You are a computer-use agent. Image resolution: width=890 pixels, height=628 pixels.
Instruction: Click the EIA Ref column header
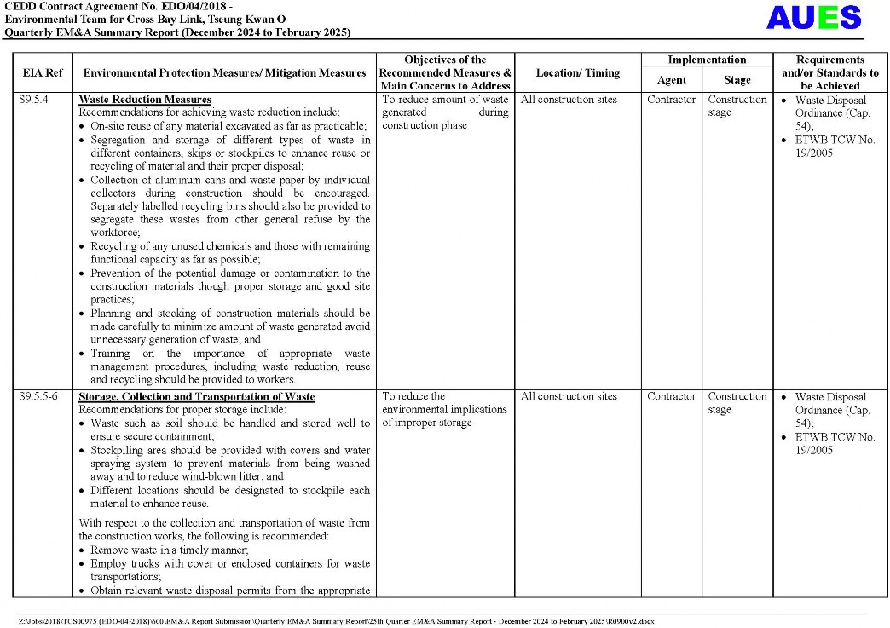pyautogui.click(x=42, y=73)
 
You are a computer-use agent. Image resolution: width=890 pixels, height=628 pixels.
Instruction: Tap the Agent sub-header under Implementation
pyautogui.click(x=671, y=80)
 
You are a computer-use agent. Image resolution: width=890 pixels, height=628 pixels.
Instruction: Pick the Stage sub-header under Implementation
pyautogui.click(x=737, y=80)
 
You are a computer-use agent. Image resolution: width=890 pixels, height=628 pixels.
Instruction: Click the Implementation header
pyautogui.click(x=707, y=60)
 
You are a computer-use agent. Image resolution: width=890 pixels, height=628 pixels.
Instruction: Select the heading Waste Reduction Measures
pyautogui.click(x=145, y=100)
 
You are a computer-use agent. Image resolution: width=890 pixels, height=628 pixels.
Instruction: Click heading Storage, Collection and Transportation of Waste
pyautogui.click(x=196, y=397)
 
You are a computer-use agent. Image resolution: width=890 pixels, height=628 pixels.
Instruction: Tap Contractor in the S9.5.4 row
pyautogui.click(x=671, y=100)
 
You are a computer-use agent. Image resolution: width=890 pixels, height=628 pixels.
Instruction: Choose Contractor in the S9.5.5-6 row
pyautogui.click(x=671, y=396)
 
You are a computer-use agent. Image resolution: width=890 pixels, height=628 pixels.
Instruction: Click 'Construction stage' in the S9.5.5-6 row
pyautogui.click(x=737, y=403)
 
